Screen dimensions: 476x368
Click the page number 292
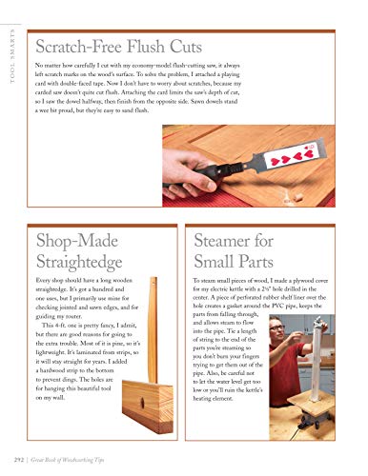tap(12, 464)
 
